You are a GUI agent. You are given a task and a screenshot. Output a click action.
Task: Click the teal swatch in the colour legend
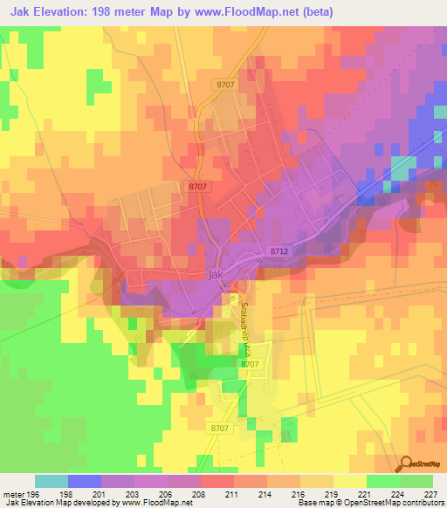click(x=52, y=482)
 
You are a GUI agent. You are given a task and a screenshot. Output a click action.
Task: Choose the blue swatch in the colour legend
click(x=85, y=482)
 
